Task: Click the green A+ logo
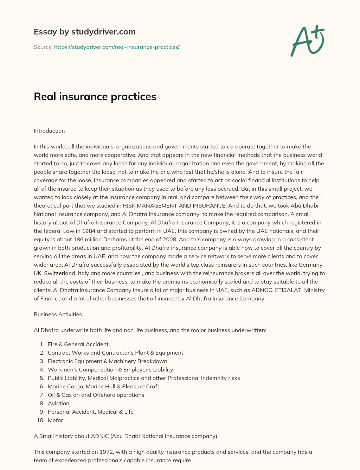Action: [x=307, y=40]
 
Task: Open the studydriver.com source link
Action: [x=117, y=47]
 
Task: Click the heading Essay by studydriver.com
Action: [x=84, y=32]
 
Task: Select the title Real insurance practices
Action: [x=95, y=97]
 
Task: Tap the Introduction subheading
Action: [x=49, y=131]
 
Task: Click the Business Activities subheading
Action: [x=58, y=315]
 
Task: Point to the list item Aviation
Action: [x=58, y=404]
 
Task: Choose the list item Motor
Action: [x=55, y=420]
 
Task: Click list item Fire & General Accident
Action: [x=78, y=344]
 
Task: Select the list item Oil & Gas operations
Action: [x=96, y=395]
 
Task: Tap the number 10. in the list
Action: [x=40, y=420]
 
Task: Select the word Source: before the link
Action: [x=43, y=47]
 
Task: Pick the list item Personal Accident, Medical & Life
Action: [x=91, y=412]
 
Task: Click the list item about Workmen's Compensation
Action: [x=110, y=370]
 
